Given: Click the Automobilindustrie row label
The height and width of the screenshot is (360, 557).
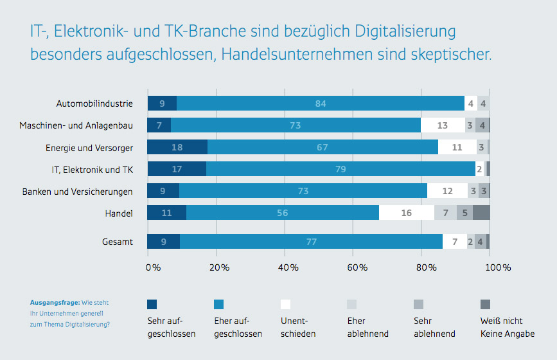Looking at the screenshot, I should (x=94, y=103).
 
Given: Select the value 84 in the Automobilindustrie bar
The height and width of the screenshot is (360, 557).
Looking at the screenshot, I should (x=321, y=104).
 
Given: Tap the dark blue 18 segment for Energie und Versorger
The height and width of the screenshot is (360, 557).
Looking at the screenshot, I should (x=177, y=147).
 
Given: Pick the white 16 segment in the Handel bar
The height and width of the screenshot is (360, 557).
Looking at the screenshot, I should (x=407, y=213).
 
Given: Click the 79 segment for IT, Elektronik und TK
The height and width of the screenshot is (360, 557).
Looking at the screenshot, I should (x=340, y=169).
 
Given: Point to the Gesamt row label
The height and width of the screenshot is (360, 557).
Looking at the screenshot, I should (x=118, y=242).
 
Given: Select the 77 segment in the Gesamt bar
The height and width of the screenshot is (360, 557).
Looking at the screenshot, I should (x=312, y=242).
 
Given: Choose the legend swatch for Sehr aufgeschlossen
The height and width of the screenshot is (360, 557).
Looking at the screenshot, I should (x=152, y=305).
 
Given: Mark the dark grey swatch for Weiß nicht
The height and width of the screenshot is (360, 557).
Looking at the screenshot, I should (x=485, y=305).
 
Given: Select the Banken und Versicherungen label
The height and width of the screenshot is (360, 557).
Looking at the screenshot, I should (x=78, y=192).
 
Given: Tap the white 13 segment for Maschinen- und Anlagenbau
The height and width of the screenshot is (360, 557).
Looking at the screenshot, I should (x=443, y=125).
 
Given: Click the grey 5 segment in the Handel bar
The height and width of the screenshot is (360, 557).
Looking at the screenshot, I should (x=464, y=213).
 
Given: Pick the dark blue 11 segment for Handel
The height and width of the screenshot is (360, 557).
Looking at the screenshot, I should (x=167, y=213).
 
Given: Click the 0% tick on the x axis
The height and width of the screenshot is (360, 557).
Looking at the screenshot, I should (x=154, y=267).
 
